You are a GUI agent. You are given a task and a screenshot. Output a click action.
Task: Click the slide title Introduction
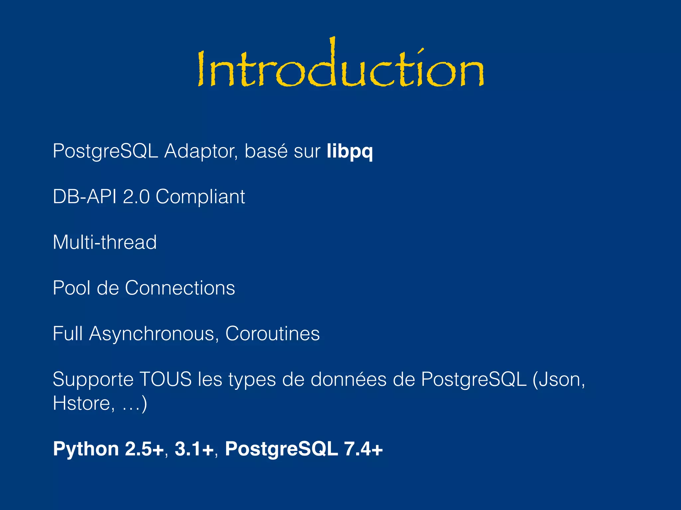pos(340,68)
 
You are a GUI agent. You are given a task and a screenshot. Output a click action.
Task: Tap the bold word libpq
pos(349,151)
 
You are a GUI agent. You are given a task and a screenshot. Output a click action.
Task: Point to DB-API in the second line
pos(84,197)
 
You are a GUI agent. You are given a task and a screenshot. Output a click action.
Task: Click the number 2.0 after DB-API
pos(136,197)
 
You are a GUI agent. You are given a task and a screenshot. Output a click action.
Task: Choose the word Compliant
pos(200,197)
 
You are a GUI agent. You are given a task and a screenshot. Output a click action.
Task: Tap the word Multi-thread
pos(104,242)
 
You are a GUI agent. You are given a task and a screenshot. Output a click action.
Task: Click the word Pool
pos(71,288)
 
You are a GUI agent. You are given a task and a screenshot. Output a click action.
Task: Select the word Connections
pos(180,288)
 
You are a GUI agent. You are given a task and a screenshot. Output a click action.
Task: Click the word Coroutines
pos(272,333)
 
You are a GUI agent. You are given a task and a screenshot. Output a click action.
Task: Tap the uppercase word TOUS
pos(165,379)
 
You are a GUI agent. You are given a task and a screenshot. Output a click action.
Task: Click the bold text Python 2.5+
pos(108,449)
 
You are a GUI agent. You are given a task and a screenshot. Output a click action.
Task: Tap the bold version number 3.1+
pos(194,449)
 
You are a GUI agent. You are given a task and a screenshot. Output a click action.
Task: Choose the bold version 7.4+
pos(363,449)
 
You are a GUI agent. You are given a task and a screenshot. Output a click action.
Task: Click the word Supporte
pos(93,379)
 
